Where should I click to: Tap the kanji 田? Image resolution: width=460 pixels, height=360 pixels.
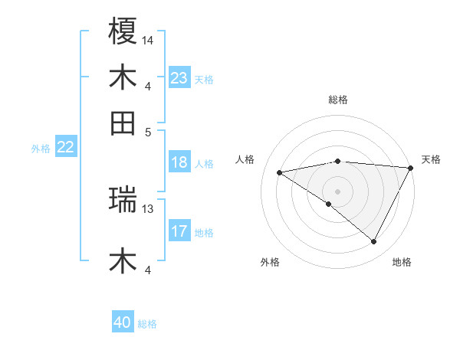coord(123,123)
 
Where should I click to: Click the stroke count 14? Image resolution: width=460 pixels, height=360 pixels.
coord(148,39)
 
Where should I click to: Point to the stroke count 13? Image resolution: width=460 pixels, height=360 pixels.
coord(148,208)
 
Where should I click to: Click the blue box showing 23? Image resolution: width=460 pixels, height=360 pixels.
coord(179,78)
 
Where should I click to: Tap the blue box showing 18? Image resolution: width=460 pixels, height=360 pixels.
coord(179,162)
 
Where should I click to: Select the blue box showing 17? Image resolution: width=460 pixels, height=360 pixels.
coord(179,231)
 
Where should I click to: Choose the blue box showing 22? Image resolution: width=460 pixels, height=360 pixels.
coord(65,147)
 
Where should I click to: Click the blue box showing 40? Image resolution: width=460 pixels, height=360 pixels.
coord(123,323)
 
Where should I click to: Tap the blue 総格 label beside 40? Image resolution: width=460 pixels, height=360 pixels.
coord(147,324)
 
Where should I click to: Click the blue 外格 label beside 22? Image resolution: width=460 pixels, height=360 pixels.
coord(40,149)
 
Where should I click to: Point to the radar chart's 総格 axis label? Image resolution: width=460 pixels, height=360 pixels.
coord(337,100)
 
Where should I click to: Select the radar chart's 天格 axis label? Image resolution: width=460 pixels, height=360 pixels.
coord(431,159)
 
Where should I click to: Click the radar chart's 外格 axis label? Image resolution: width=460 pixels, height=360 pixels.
coord(270,263)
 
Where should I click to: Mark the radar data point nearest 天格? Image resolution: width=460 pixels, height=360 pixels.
coord(410,167)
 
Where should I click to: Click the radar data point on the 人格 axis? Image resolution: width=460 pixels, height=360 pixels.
coord(280,172)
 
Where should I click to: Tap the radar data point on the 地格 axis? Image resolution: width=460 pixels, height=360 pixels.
coord(374,241)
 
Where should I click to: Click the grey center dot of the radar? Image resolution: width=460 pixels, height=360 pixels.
coord(337,190)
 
